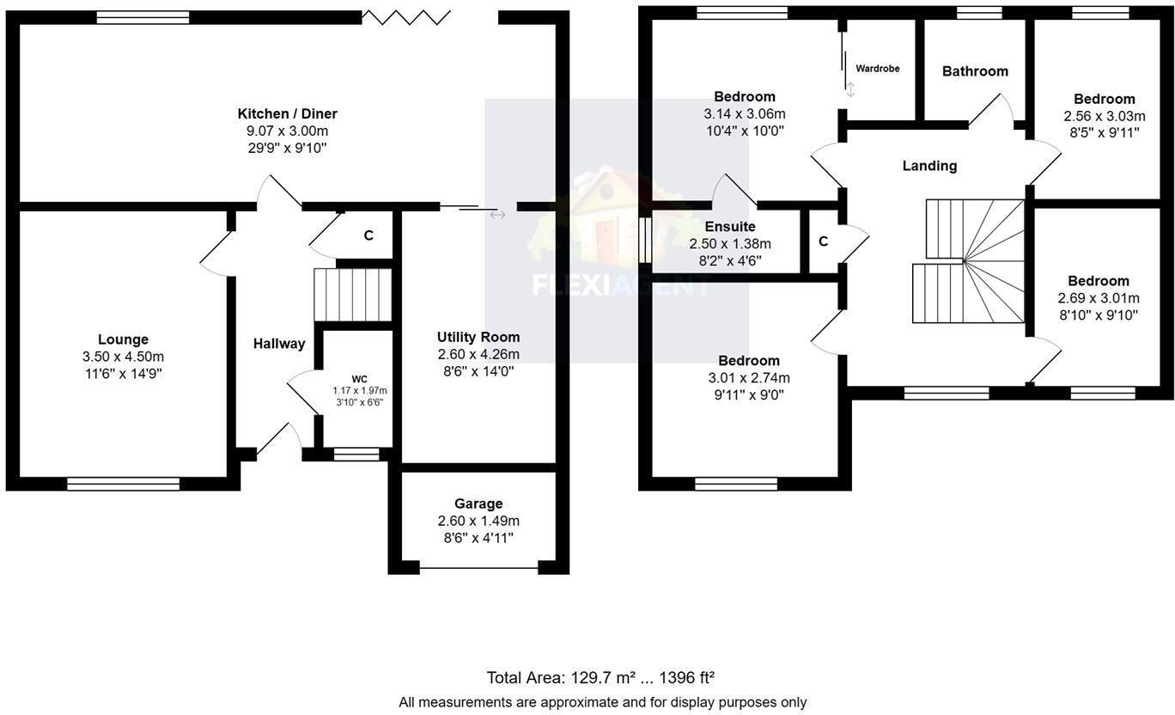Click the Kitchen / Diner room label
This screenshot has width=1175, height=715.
(287, 113)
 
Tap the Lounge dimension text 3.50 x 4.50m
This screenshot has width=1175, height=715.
(123, 357)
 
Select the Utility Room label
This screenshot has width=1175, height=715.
(478, 337)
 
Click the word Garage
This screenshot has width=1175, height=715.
(478, 504)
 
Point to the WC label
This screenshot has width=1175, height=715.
(359, 378)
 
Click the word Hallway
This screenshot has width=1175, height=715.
(278, 344)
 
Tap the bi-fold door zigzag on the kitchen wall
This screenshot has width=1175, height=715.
(405, 16)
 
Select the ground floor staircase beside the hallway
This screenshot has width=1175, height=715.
(352, 295)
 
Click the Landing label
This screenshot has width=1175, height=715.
(929, 166)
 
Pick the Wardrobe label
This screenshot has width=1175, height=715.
(877, 68)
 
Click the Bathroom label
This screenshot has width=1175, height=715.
(975, 71)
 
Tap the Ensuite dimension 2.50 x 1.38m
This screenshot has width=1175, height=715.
(730, 244)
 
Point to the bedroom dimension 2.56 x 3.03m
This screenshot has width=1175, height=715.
(1104, 116)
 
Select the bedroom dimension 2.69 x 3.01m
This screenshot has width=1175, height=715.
(1099, 298)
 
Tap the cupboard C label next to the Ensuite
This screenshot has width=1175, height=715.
(823, 241)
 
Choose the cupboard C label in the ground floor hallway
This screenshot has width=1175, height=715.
(368, 235)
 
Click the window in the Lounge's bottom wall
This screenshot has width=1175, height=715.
(123, 484)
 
